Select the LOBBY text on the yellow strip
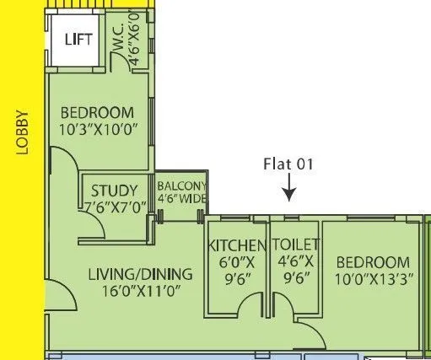click(x=23, y=133)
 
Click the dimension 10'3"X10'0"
click(x=99, y=131)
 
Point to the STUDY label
click(x=115, y=190)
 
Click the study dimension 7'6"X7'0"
click(x=115, y=207)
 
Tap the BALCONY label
click(x=180, y=186)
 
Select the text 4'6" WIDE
click(x=180, y=199)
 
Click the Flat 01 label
click(x=288, y=164)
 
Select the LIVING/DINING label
click(x=140, y=274)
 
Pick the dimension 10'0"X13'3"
click(x=372, y=279)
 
